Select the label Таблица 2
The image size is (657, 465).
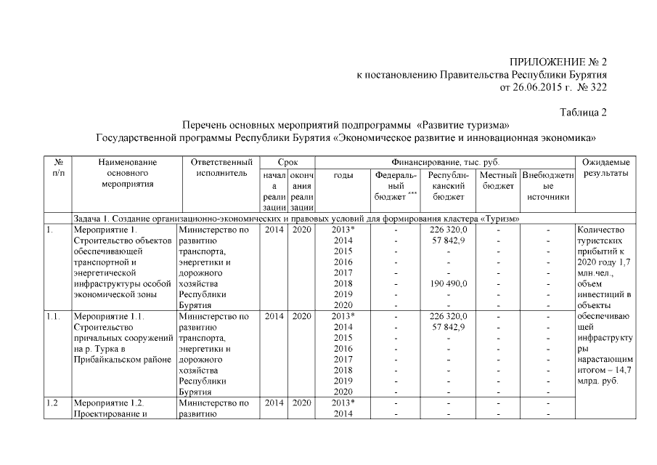tap(583, 113)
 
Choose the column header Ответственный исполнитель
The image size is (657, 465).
tap(221, 168)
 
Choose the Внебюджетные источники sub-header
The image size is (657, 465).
tap(547, 186)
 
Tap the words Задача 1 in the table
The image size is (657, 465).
tap(94, 219)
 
